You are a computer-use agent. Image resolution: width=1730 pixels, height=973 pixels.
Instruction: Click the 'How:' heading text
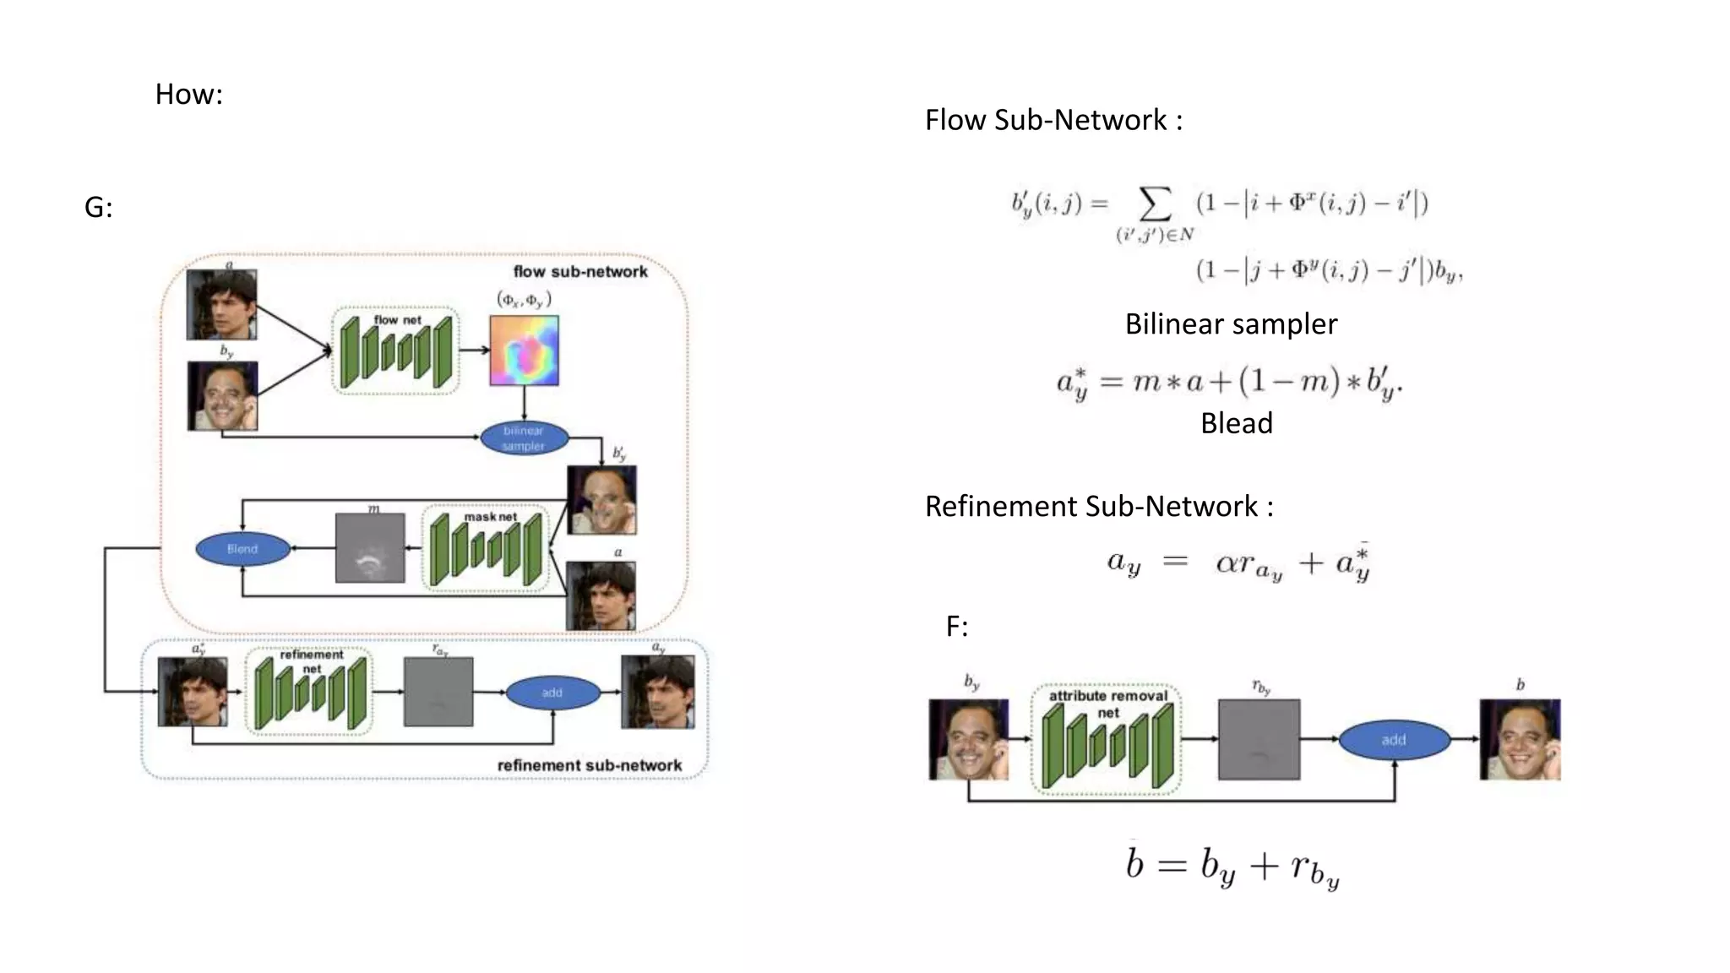188,94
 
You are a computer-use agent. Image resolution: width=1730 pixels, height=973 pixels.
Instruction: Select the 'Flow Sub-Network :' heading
1053,120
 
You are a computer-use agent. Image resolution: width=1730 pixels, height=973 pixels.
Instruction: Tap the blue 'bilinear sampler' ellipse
524,438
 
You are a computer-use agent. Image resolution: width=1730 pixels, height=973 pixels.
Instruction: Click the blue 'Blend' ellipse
242,549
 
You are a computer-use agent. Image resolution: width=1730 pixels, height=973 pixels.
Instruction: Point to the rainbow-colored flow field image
524,350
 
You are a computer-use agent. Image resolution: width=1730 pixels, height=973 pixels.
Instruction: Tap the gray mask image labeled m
370,548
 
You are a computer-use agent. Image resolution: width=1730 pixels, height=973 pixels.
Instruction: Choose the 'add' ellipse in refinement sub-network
552,693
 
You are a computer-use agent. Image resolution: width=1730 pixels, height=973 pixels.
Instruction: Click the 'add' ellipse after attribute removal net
1394,740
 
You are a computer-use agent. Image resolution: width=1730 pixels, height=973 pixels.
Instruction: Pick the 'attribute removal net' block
1107,740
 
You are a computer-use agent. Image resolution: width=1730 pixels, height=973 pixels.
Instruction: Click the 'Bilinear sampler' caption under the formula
1231,323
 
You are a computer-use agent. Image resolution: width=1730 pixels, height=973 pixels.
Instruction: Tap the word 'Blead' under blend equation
1236,422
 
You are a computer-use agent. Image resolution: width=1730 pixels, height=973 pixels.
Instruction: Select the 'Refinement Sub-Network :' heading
1099,506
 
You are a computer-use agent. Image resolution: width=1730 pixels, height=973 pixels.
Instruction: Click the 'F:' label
957,626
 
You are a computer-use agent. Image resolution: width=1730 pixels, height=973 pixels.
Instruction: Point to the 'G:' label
99,207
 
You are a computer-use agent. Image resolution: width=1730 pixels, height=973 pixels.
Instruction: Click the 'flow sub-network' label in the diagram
580,271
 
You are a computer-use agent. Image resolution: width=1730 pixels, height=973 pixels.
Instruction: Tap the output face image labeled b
1520,739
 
